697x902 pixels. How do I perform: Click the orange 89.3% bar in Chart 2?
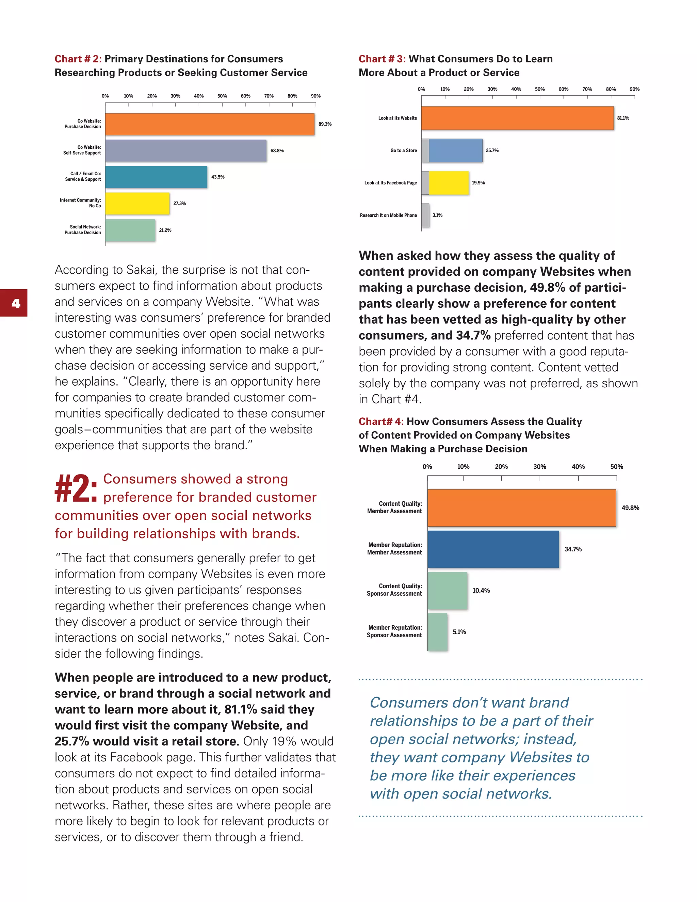[x=210, y=124]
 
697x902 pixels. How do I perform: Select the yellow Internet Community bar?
[x=137, y=204]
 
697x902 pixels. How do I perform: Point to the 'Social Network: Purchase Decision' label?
[x=83, y=230]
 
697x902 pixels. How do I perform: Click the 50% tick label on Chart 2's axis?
[x=222, y=96]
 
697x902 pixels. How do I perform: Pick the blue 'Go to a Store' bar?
[x=455, y=151]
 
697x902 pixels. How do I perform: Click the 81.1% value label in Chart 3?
[x=623, y=118]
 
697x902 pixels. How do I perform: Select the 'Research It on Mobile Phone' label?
[x=388, y=215]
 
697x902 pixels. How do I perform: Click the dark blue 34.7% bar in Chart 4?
[x=493, y=549]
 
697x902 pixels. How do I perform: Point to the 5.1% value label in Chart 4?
[x=459, y=632]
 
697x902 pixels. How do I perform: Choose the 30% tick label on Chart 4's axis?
[x=539, y=467]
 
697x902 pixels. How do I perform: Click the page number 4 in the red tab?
[x=16, y=304]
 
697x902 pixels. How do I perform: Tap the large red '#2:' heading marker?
[x=76, y=488]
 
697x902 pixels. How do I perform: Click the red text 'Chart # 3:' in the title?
[x=382, y=59]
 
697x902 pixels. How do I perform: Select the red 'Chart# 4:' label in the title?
[x=381, y=421]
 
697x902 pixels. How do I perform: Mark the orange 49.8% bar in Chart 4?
[x=521, y=508]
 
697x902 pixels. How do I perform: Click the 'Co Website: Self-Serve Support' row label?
[x=82, y=150]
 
